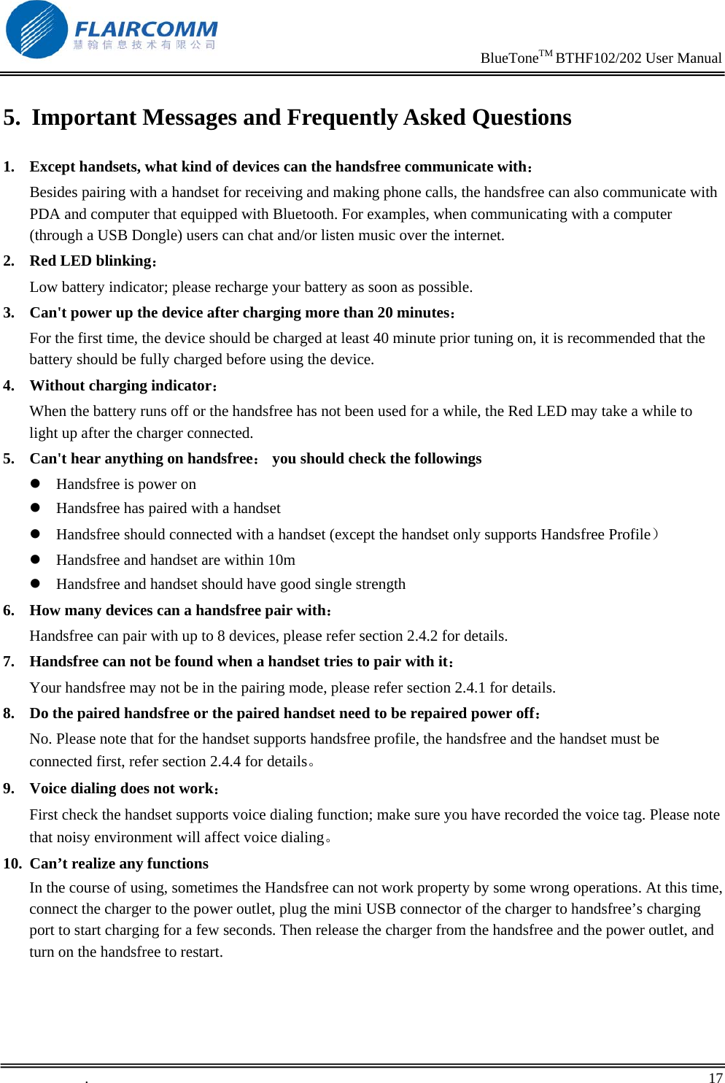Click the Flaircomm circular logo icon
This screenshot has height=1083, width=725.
[36, 30]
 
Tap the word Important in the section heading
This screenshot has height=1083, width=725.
[84, 117]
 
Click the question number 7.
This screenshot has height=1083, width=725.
[9, 662]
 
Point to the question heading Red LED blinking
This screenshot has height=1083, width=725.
[90, 261]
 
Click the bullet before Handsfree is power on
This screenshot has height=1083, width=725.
[34, 484]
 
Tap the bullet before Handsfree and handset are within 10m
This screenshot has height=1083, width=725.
[34, 560]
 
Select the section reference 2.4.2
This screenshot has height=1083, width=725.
[422, 636]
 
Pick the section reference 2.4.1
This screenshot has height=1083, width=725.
[470, 687]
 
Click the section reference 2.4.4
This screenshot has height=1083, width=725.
[225, 761]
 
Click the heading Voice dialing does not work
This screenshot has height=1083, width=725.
[122, 788]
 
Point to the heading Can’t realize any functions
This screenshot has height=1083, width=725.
[119, 863]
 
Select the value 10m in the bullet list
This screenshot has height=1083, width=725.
[282, 560]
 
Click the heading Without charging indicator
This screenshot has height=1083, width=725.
[121, 385]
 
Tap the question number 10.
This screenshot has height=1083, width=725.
[12, 863]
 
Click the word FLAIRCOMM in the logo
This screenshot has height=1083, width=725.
[146, 29]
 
